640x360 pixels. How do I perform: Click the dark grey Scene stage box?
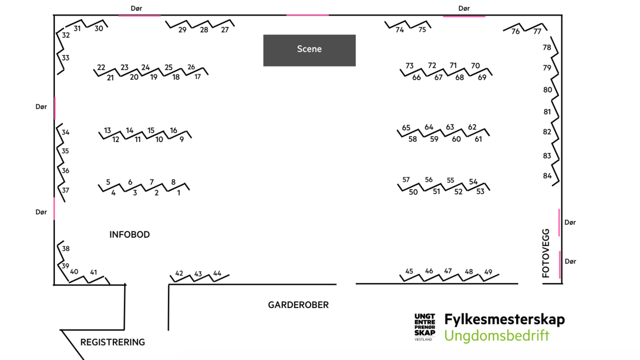click(309, 50)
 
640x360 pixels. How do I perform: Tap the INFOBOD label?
click(130, 235)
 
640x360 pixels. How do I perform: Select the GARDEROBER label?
click(298, 305)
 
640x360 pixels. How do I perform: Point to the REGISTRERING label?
click(113, 342)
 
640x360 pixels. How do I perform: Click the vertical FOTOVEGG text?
click(546, 253)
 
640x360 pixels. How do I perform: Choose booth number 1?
click(179, 193)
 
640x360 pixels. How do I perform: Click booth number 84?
click(547, 176)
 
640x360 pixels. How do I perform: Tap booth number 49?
click(488, 272)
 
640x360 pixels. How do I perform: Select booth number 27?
click(225, 30)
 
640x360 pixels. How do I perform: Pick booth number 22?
click(101, 68)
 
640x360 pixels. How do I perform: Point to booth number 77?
click(537, 31)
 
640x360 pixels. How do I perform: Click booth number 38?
click(66, 249)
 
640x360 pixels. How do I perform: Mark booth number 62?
click(472, 127)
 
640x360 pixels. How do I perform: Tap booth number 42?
click(179, 273)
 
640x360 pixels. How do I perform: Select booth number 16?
click(173, 130)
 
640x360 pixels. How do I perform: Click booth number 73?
click(409, 66)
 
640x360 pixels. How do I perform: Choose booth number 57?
click(406, 179)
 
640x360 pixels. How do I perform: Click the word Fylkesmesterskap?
click(504, 319)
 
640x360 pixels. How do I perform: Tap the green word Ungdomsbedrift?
click(497, 336)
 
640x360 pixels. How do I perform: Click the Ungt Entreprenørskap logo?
click(425, 327)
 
